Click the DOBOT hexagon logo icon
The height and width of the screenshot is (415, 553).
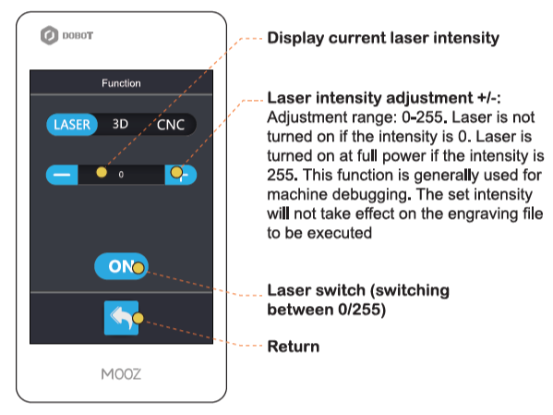(x=49, y=35)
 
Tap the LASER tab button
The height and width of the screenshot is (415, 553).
(x=72, y=125)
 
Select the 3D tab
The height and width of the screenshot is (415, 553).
(x=120, y=124)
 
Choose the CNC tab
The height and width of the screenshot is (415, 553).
(x=171, y=125)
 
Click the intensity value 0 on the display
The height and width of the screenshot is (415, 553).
(x=121, y=175)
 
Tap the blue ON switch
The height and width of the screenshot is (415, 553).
(x=121, y=266)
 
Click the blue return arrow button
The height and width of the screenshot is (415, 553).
(x=121, y=318)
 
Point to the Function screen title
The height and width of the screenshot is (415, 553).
(x=121, y=83)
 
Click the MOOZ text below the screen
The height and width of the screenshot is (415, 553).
(x=121, y=374)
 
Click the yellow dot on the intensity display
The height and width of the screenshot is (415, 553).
(x=102, y=172)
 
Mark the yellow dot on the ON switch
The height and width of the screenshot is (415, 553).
(x=138, y=268)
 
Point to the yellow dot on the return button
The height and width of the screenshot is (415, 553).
(x=138, y=318)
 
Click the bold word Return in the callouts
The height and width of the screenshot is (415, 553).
(x=294, y=347)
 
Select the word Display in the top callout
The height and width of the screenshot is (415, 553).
(x=295, y=39)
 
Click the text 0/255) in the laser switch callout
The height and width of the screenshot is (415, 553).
(x=362, y=310)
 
